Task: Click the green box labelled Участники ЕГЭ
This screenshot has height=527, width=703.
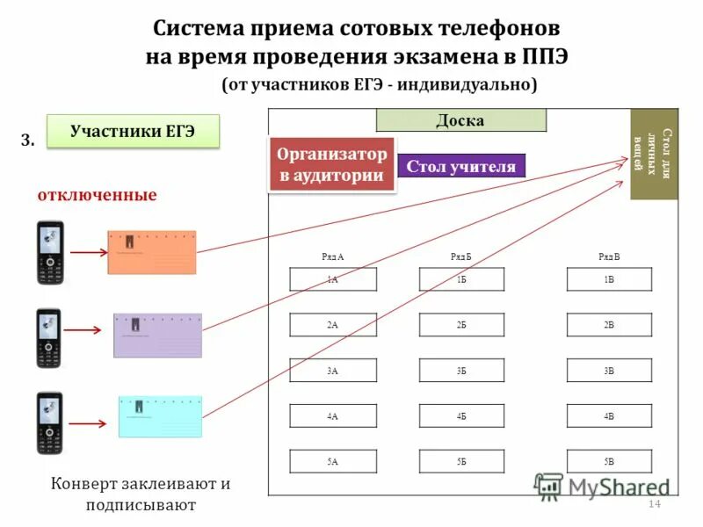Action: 131,132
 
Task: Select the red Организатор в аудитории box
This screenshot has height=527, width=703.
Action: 332,164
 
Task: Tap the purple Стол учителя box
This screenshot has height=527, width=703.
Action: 460,166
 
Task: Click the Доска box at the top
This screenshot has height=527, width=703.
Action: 460,120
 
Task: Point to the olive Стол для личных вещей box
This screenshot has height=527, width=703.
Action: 654,155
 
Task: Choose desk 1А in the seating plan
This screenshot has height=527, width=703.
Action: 333,279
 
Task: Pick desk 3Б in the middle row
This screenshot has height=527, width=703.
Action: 461,371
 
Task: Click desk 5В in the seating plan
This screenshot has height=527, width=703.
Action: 609,461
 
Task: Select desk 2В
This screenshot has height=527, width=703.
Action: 609,325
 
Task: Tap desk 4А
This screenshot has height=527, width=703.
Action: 333,415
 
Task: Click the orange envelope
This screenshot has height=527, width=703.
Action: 152,253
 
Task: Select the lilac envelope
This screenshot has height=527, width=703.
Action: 157,335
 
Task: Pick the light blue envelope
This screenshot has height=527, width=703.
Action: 160,416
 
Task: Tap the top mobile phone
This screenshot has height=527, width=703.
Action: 49,253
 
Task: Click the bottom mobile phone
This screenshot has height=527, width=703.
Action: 49,422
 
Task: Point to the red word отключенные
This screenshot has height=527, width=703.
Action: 97,195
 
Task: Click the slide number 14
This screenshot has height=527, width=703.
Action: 653,503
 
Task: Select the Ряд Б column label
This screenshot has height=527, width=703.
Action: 461,256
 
